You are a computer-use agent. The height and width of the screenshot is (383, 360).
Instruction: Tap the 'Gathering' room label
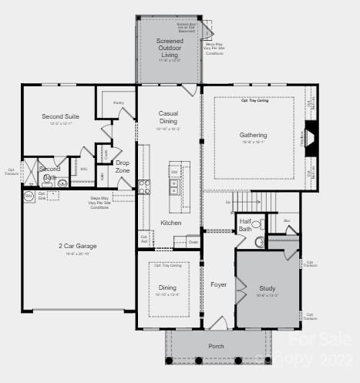click(x=253, y=135)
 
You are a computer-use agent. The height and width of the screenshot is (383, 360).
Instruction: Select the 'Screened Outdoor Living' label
click(x=170, y=48)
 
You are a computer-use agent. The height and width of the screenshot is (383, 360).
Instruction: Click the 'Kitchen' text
click(x=170, y=223)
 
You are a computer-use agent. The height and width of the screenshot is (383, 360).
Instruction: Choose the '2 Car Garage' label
click(x=77, y=246)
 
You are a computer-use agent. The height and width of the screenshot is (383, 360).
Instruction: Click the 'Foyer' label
click(x=218, y=284)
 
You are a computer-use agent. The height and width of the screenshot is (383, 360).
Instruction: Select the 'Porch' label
click(x=217, y=346)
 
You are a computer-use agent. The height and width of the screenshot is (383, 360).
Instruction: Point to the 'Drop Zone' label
click(x=123, y=166)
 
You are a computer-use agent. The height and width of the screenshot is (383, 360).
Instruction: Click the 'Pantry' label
click(x=118, y=102)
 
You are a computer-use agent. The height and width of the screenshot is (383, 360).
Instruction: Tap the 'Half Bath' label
click(x=245, y=224)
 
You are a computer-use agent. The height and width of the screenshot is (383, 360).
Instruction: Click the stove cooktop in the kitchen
click(x=143, y=186)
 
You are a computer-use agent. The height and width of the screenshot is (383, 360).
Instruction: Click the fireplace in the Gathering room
click(x=309, y=139)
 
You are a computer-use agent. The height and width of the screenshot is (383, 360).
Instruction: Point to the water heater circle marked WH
click(x=29, y=197)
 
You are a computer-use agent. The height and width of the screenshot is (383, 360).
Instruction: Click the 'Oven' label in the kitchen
click(x=192, y=242)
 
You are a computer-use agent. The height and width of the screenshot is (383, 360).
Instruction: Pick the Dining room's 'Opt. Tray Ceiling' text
click(x=168, y=266)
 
